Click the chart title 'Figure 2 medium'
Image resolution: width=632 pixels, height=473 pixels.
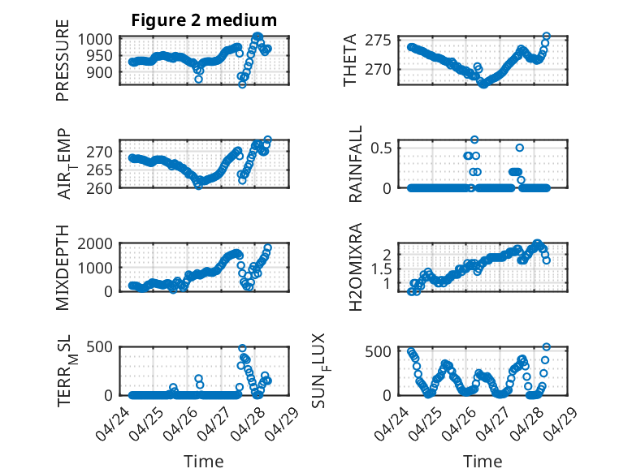[x=204, y=20]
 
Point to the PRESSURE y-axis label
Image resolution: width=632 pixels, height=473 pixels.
[x=63, y=60]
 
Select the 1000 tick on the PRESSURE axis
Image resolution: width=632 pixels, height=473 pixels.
[x=95, y=40]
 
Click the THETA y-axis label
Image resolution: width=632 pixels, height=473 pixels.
[x=350, y=60]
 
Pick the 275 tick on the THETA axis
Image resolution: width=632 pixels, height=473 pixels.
[x=378, y=41]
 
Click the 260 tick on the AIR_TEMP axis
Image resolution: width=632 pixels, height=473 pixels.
[x=99, y=188]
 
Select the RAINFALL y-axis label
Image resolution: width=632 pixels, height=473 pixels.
[x=356, y=164]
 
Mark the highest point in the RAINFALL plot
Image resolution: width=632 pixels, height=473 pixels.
[x=474, y=140]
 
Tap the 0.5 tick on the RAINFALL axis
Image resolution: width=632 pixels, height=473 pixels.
[x=381, y=148]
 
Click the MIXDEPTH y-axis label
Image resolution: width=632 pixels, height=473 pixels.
[x=63, y=268]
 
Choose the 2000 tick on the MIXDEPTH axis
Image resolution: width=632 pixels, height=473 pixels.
[x=95, y=243]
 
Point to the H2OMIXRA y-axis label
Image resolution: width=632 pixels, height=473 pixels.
[x=355, y=267]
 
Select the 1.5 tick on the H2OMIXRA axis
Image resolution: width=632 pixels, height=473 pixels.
[x=381, y=269]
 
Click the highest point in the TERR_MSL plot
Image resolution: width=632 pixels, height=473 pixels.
[x=242, y=348]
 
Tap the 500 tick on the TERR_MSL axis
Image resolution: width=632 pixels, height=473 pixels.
[x=99, y=346]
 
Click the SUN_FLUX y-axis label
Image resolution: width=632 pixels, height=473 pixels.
[x=321, y=371]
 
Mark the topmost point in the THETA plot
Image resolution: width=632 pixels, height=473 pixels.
[x=546, y=37]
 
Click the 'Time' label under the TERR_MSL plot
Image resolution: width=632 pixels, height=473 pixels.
[x=204, y=461]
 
